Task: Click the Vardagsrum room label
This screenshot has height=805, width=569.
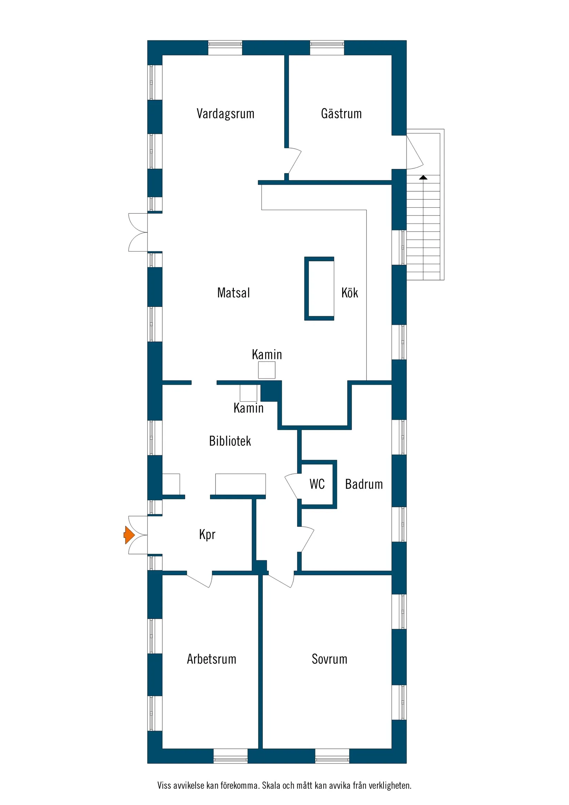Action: tap(225, 113)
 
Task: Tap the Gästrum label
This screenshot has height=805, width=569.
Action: tap(341, 113)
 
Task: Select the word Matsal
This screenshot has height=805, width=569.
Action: tap(233, 293)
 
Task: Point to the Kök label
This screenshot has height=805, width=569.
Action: tap(350, 293)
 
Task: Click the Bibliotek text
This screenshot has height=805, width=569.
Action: tap(230, 441)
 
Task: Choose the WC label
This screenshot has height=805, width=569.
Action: tap(317, 484)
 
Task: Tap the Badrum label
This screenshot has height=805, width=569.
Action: tap(363, 484)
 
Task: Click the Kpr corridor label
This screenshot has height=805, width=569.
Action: tap(207, 534)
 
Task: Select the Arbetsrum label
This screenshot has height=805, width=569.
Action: tap(211, 659)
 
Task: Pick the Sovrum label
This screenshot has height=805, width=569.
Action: tap(329, 659)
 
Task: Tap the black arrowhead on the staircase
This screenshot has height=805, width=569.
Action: tap(423, 177)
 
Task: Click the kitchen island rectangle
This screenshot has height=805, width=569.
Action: tap(319, 288)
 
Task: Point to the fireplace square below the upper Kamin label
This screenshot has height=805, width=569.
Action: tap(267, 370)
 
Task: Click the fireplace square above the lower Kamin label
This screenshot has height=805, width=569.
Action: tap(248, 393)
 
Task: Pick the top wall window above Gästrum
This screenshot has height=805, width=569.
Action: tap(327, 48)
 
